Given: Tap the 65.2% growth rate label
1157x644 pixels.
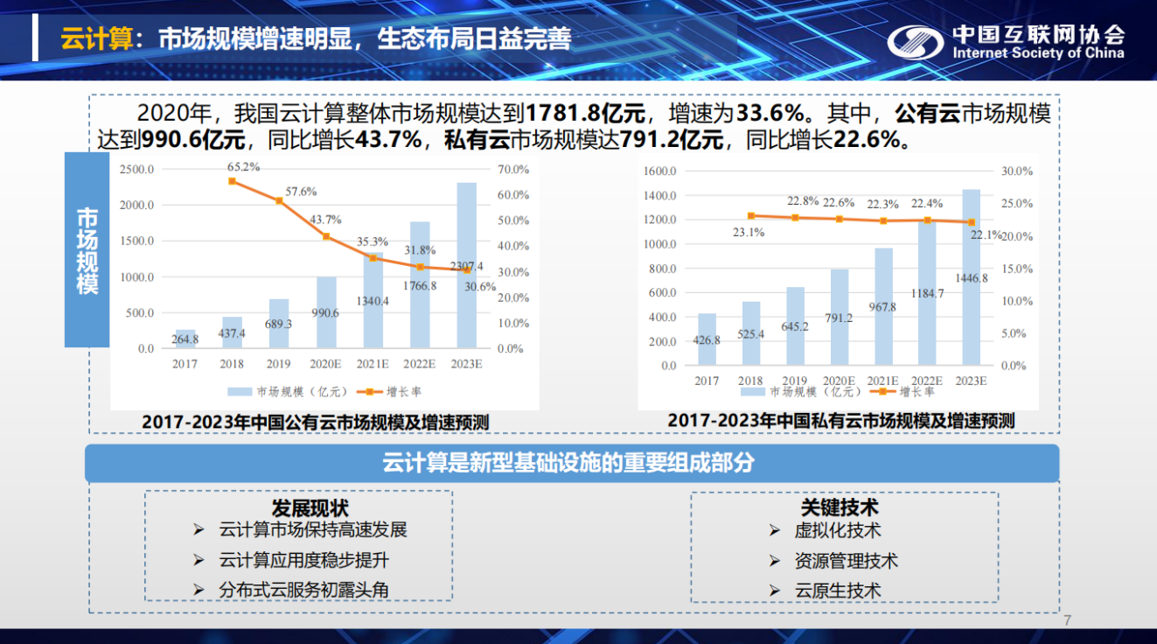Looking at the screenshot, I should (x=243, y=166).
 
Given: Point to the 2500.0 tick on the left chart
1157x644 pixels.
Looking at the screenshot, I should (x=136, y=169).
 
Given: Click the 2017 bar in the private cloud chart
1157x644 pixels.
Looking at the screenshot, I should (x=707, y=339).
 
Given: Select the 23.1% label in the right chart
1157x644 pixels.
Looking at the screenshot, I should (x=749, y=232).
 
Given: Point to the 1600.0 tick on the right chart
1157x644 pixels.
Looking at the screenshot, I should (x=660, y=171).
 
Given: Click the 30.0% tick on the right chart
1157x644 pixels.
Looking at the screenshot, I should (x=1017, y=171).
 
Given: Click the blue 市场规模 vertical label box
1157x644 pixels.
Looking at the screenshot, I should (x=87, y=249).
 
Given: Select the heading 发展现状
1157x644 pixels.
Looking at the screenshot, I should (x=310, y=508).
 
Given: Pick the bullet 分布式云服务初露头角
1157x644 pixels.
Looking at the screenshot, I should (x=303, y=590).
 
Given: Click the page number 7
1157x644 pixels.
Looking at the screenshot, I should (x=1067, y=621).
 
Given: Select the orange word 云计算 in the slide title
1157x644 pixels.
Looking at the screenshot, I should (x=95, y=39).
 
